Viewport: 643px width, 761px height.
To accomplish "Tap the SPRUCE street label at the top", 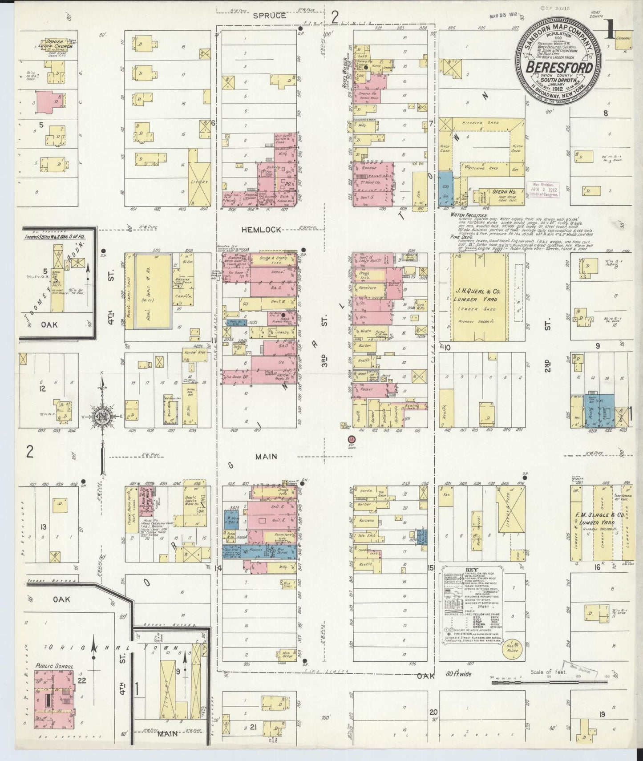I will coord(270,15).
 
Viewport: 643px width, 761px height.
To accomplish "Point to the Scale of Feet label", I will coord(548,672).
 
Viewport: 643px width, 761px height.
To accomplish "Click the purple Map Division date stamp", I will coord(542,189).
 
